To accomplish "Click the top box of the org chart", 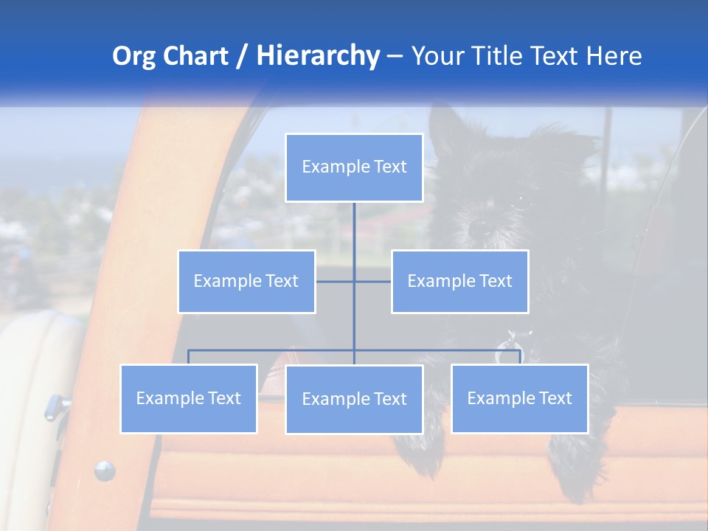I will (354, 167).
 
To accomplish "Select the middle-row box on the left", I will (246, 281).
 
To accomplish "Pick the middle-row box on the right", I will (459, 281).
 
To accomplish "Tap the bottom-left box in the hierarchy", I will (189, 398).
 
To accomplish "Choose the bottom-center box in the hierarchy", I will (354, 399).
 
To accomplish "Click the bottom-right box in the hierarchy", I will (519, 398).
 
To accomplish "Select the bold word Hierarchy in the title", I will (317, 56).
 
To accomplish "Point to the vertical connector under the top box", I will (354, 225).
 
